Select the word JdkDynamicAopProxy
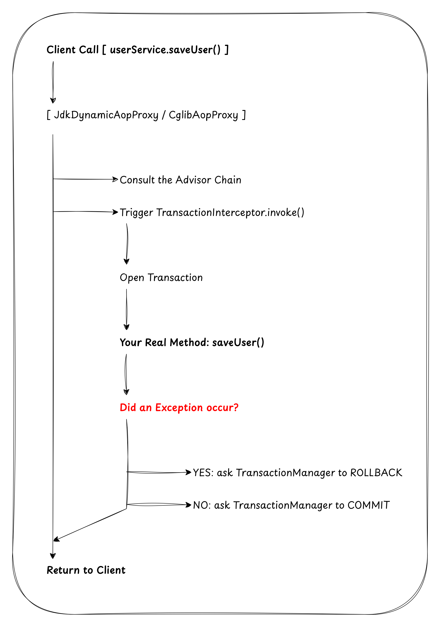pyautogui.click(x=106, y=115)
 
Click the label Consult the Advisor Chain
pyautogui.click(x=180, y=180)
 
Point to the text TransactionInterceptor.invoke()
pyautogui.click(x=230, y=212)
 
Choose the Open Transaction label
pyautogui.click(x=161, y=278)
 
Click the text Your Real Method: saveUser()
pyautogui.click(x=192, y=342)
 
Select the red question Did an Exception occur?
pyautogui.click(x=179, y=407)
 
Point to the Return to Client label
pyautogui.click(x=86, y=570)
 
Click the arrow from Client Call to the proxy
pyautogui.click(x=53, y=82)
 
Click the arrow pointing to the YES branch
pyautogui.click(x=158, y=472)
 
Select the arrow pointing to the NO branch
pyautogui.click(x=158, y=505)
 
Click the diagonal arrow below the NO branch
pyautogui.click(x=90, y=524)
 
